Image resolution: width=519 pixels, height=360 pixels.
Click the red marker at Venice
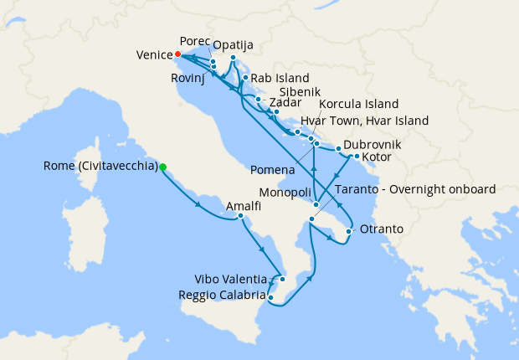(178, 55)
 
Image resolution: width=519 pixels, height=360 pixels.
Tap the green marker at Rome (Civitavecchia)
(162, 167)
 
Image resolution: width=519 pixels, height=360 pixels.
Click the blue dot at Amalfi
(241, 217)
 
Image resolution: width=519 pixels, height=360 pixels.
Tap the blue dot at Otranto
(348, 231)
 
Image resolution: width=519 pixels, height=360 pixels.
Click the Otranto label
(381, 229)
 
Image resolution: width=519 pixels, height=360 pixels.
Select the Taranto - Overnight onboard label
(415, 189)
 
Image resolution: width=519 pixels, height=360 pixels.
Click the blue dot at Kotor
(357, 156)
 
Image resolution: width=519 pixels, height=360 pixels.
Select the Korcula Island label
(359, 105)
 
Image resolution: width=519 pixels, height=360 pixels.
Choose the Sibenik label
(299, 93)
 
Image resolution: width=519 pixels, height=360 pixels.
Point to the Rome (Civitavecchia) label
(100, 166)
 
